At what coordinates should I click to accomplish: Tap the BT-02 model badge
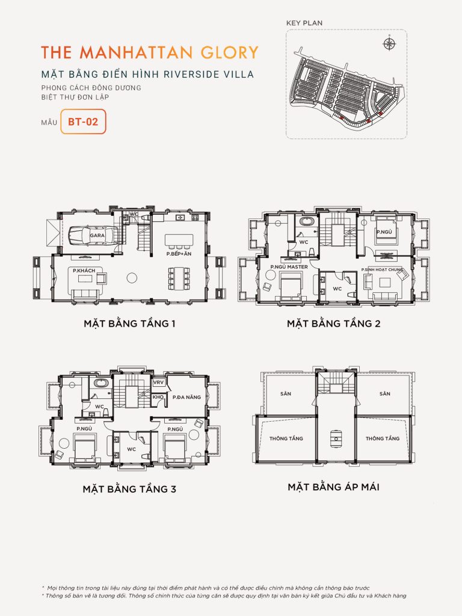[83, 121]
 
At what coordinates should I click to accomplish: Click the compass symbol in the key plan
[389, 43]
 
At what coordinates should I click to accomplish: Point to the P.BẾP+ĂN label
[178, 255]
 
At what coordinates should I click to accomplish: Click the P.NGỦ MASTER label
[289, 266]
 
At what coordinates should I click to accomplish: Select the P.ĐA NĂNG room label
[186, 397]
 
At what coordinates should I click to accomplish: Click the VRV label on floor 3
[159, 383]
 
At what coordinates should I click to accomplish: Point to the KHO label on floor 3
[158, 397]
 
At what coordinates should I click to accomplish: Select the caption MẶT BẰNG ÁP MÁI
[333, 487]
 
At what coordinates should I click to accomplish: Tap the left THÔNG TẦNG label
[286, 439]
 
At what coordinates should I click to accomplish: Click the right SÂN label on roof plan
[385, 393]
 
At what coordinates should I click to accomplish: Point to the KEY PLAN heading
[305, 23]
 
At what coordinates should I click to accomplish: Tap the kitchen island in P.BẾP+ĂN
[179, 240]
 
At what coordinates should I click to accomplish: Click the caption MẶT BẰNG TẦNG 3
[129, 489]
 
